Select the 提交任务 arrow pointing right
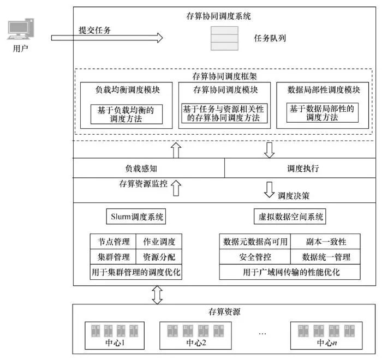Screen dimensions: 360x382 click(x=107, y=38)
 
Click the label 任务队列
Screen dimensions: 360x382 click(x=270, y=39)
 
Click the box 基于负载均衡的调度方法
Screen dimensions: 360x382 click(x=126, y=113)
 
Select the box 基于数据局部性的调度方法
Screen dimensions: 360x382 click(x=322, y=113)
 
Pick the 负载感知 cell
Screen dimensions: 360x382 click(x=148, y=169)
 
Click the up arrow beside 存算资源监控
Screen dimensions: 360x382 click(x=176, y=189)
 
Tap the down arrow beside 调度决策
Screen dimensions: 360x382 click(x=268, y=189)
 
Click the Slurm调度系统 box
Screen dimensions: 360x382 click(x=135, y=217)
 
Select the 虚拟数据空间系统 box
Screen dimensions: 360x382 click(x=290, y=217)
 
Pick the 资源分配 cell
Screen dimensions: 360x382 click(x=158, y=257)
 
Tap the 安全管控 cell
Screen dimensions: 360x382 click(x=255, y=257)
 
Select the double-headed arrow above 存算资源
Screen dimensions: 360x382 click(x=157, y=295)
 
